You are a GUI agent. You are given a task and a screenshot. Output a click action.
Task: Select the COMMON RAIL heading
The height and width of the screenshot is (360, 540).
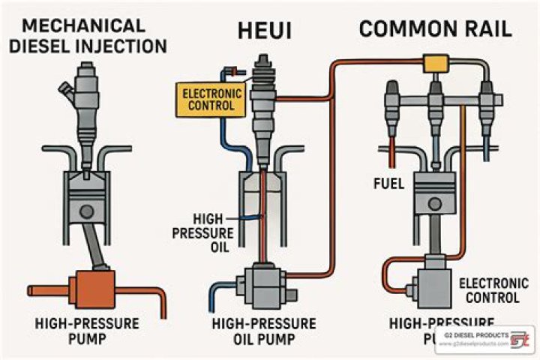435,29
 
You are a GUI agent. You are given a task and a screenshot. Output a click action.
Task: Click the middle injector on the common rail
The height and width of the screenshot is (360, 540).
434,101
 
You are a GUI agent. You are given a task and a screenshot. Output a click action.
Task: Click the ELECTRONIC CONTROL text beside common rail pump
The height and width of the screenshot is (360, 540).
488,290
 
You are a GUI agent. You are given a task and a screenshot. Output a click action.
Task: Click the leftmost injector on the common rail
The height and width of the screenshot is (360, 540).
391,101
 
